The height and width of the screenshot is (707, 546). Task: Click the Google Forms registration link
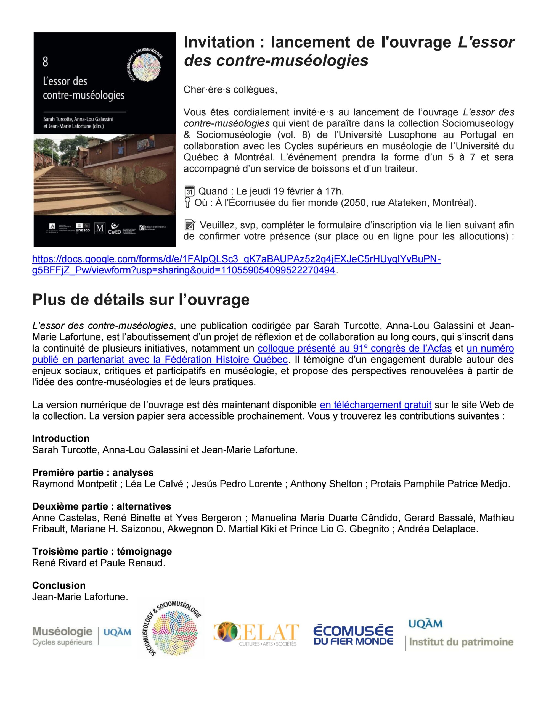click(236, 259)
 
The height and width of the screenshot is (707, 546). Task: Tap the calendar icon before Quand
click(189, 191)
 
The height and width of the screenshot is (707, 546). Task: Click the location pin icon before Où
click(187, 203)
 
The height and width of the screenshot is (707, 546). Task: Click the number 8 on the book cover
click(45, 62)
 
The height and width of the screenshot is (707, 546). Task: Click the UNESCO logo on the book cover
click(83, 228)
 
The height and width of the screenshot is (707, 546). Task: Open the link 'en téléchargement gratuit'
click(375, 405)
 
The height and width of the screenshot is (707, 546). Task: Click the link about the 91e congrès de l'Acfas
click(354, 349)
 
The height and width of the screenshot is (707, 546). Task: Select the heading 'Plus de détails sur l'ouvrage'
click(141, 300)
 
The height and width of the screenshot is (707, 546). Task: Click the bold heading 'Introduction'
click(60, 439)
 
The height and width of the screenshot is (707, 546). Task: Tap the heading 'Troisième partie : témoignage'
click(102, 551)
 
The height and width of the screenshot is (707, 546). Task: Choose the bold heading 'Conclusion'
click(59, 585)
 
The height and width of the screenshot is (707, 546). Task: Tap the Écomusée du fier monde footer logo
click(353, 635)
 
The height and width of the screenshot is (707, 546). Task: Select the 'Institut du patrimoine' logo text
click(461, 642)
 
